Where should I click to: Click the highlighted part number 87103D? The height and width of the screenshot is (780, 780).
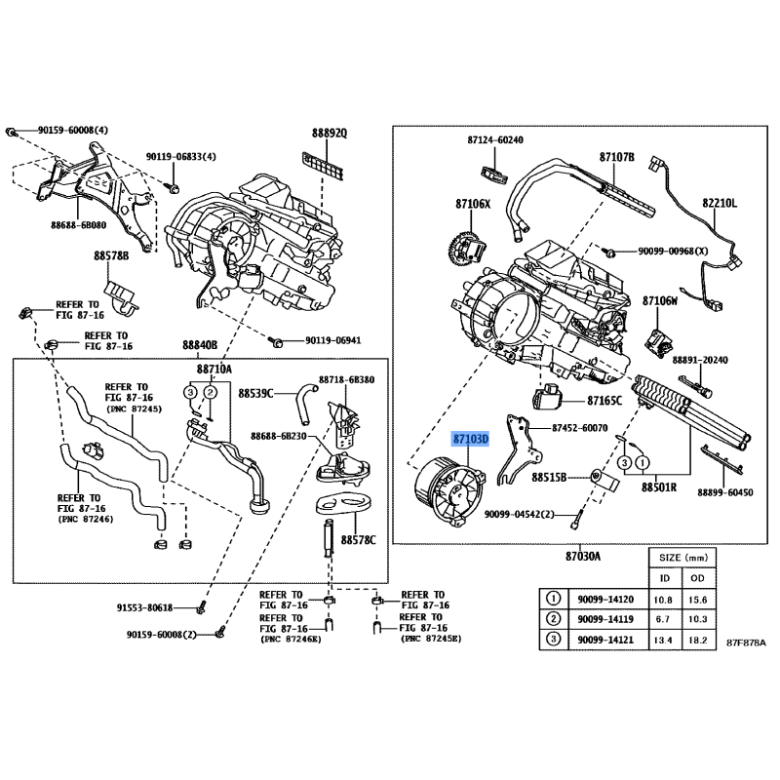471,440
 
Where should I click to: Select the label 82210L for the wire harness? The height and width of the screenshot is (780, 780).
720,203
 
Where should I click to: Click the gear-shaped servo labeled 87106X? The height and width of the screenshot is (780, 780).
468,249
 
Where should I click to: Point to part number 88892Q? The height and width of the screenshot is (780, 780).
330,133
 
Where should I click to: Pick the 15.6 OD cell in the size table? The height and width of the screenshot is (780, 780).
697,600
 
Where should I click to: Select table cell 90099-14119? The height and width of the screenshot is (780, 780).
605,619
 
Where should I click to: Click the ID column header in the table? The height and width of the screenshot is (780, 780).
664,578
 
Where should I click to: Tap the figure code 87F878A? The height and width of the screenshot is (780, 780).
746,643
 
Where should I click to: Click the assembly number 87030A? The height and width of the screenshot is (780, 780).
582,556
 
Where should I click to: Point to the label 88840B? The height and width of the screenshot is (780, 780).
200,345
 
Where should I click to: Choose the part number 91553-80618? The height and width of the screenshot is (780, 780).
144,607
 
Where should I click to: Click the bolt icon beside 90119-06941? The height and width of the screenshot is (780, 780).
275,341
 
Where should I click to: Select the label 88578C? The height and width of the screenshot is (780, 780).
358,540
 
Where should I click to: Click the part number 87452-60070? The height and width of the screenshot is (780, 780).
579,428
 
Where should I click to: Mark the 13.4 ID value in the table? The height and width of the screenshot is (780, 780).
663,640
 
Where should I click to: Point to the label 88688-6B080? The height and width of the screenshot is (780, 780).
79,225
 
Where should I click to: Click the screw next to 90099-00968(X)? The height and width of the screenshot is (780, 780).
608,252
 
